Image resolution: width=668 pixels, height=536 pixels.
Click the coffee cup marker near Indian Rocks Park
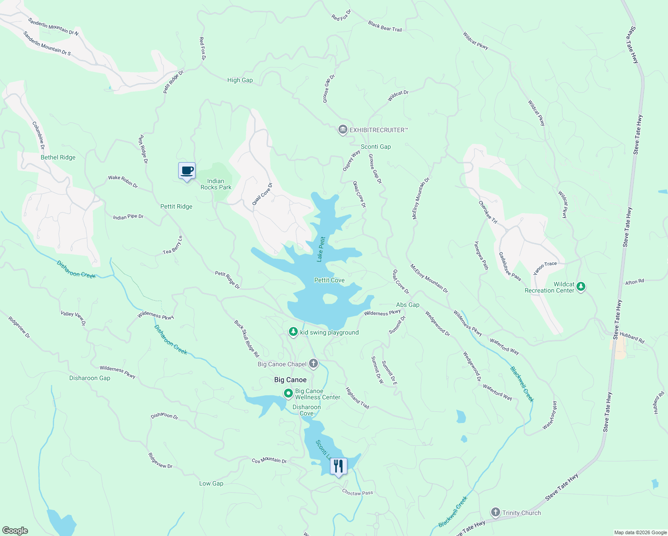(187, 171)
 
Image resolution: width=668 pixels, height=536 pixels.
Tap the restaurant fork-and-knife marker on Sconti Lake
(338, 466)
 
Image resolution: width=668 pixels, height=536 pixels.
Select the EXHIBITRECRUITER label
(378, 130)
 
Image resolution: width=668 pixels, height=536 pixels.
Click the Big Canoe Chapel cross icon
(313, 364)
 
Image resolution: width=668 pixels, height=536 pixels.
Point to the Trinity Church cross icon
(495, 512)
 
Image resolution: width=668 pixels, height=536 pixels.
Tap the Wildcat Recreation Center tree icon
(580, 286)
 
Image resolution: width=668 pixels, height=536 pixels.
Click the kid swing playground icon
(293, 332)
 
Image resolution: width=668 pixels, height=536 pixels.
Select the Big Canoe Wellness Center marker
(288, 394)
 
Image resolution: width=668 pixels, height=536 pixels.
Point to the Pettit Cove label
(329, 280)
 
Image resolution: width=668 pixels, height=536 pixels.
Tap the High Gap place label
(240, 80)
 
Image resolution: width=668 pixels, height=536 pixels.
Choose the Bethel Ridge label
(58, 157)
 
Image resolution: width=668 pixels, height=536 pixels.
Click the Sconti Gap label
(376, 147)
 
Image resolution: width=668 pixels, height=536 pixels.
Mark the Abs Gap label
(408, 305)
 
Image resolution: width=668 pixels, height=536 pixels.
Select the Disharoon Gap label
(89, 378)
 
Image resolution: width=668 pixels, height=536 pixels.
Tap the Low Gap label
(211, 483)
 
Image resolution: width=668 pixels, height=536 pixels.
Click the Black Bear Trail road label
(385, 26)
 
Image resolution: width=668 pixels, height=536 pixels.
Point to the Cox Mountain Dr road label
(269, 461)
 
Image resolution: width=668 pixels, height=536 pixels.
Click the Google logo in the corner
(15, 530)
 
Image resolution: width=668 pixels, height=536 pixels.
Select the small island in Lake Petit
(330, 298)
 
